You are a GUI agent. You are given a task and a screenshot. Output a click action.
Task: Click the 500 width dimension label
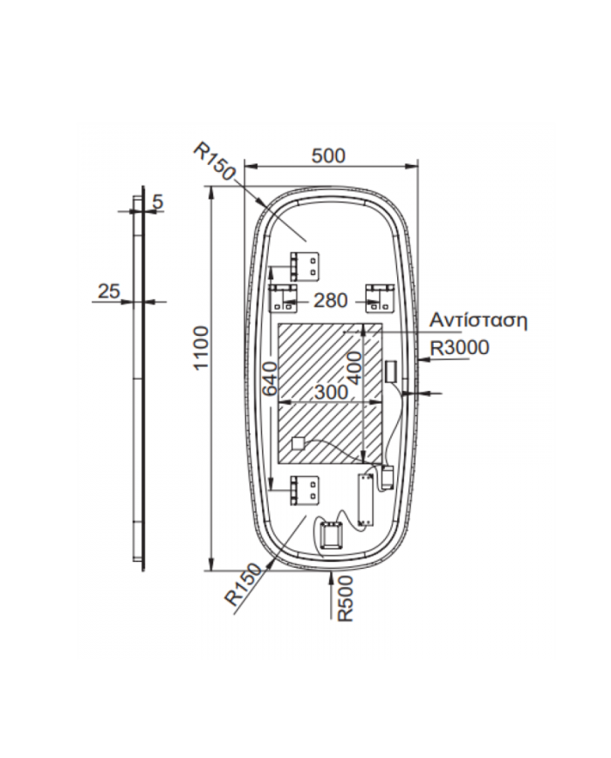(328, 155)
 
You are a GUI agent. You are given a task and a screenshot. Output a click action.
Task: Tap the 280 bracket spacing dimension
(331, 301)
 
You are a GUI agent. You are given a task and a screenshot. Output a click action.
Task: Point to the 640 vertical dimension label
(271, 378)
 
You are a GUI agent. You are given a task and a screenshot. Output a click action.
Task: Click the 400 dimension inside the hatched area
(354, 368)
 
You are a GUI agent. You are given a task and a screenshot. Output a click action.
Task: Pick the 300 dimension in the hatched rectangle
(332, 392)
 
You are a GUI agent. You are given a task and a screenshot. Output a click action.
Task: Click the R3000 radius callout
(460, 347)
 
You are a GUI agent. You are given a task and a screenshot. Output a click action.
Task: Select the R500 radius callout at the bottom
(346, 599)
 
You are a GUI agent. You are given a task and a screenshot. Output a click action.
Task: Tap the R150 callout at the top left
(215, 161)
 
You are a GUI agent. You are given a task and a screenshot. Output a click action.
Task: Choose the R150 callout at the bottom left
(244, 584)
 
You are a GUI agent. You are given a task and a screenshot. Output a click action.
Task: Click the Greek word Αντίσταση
(478, 320)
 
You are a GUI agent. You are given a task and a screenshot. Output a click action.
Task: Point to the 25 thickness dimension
(109, 291)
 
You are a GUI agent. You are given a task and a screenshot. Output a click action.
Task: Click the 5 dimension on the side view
(158, 201)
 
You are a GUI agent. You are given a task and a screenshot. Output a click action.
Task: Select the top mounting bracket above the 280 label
(305, 266)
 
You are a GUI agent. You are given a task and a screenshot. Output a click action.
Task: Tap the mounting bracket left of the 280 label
(283, 297)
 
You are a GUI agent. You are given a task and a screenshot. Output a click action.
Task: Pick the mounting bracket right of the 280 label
(380, 297)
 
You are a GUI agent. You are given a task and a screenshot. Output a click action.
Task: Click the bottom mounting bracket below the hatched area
(305, 491)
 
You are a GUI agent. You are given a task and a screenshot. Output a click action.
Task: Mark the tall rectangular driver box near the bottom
(365, 500)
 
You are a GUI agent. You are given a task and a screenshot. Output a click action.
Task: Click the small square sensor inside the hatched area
(298, 444)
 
